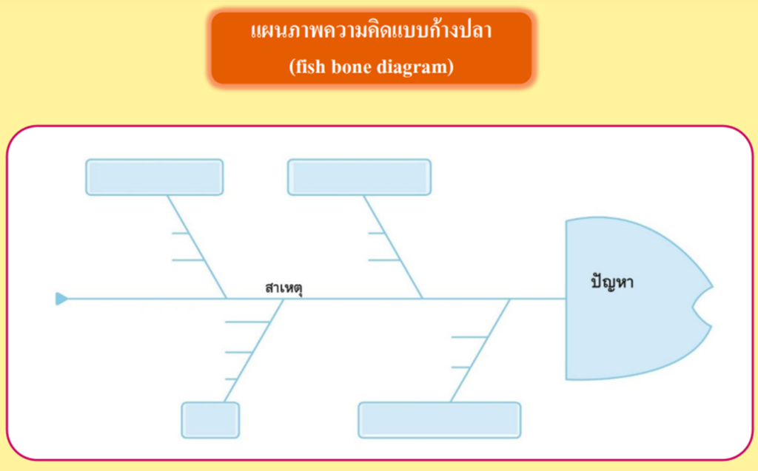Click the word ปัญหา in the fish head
(x=612, y=282)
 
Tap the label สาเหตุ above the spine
(x=284, y=288)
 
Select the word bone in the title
(x=351, y=67)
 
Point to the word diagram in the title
(x=412, y=67)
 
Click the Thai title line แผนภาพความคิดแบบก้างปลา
(x=372, y=31)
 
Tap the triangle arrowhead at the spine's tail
(x=61, y=299)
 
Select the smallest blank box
(x=210, y=420)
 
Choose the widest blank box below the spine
(x=440, y=420)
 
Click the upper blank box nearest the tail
(x=155, y=177)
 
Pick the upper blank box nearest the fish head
(x=359, y=177)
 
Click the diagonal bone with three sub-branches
(x=254, y=350)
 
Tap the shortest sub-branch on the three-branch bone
(x=231, y=379)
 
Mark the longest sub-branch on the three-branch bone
(x=247, y=321)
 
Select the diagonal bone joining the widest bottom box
(x=480, y=350)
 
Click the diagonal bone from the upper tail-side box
(x=197, y=247)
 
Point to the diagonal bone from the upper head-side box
(x=393, y=247)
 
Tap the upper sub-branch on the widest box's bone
(x=469, y=336)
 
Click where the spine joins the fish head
(x=566, y=299)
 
